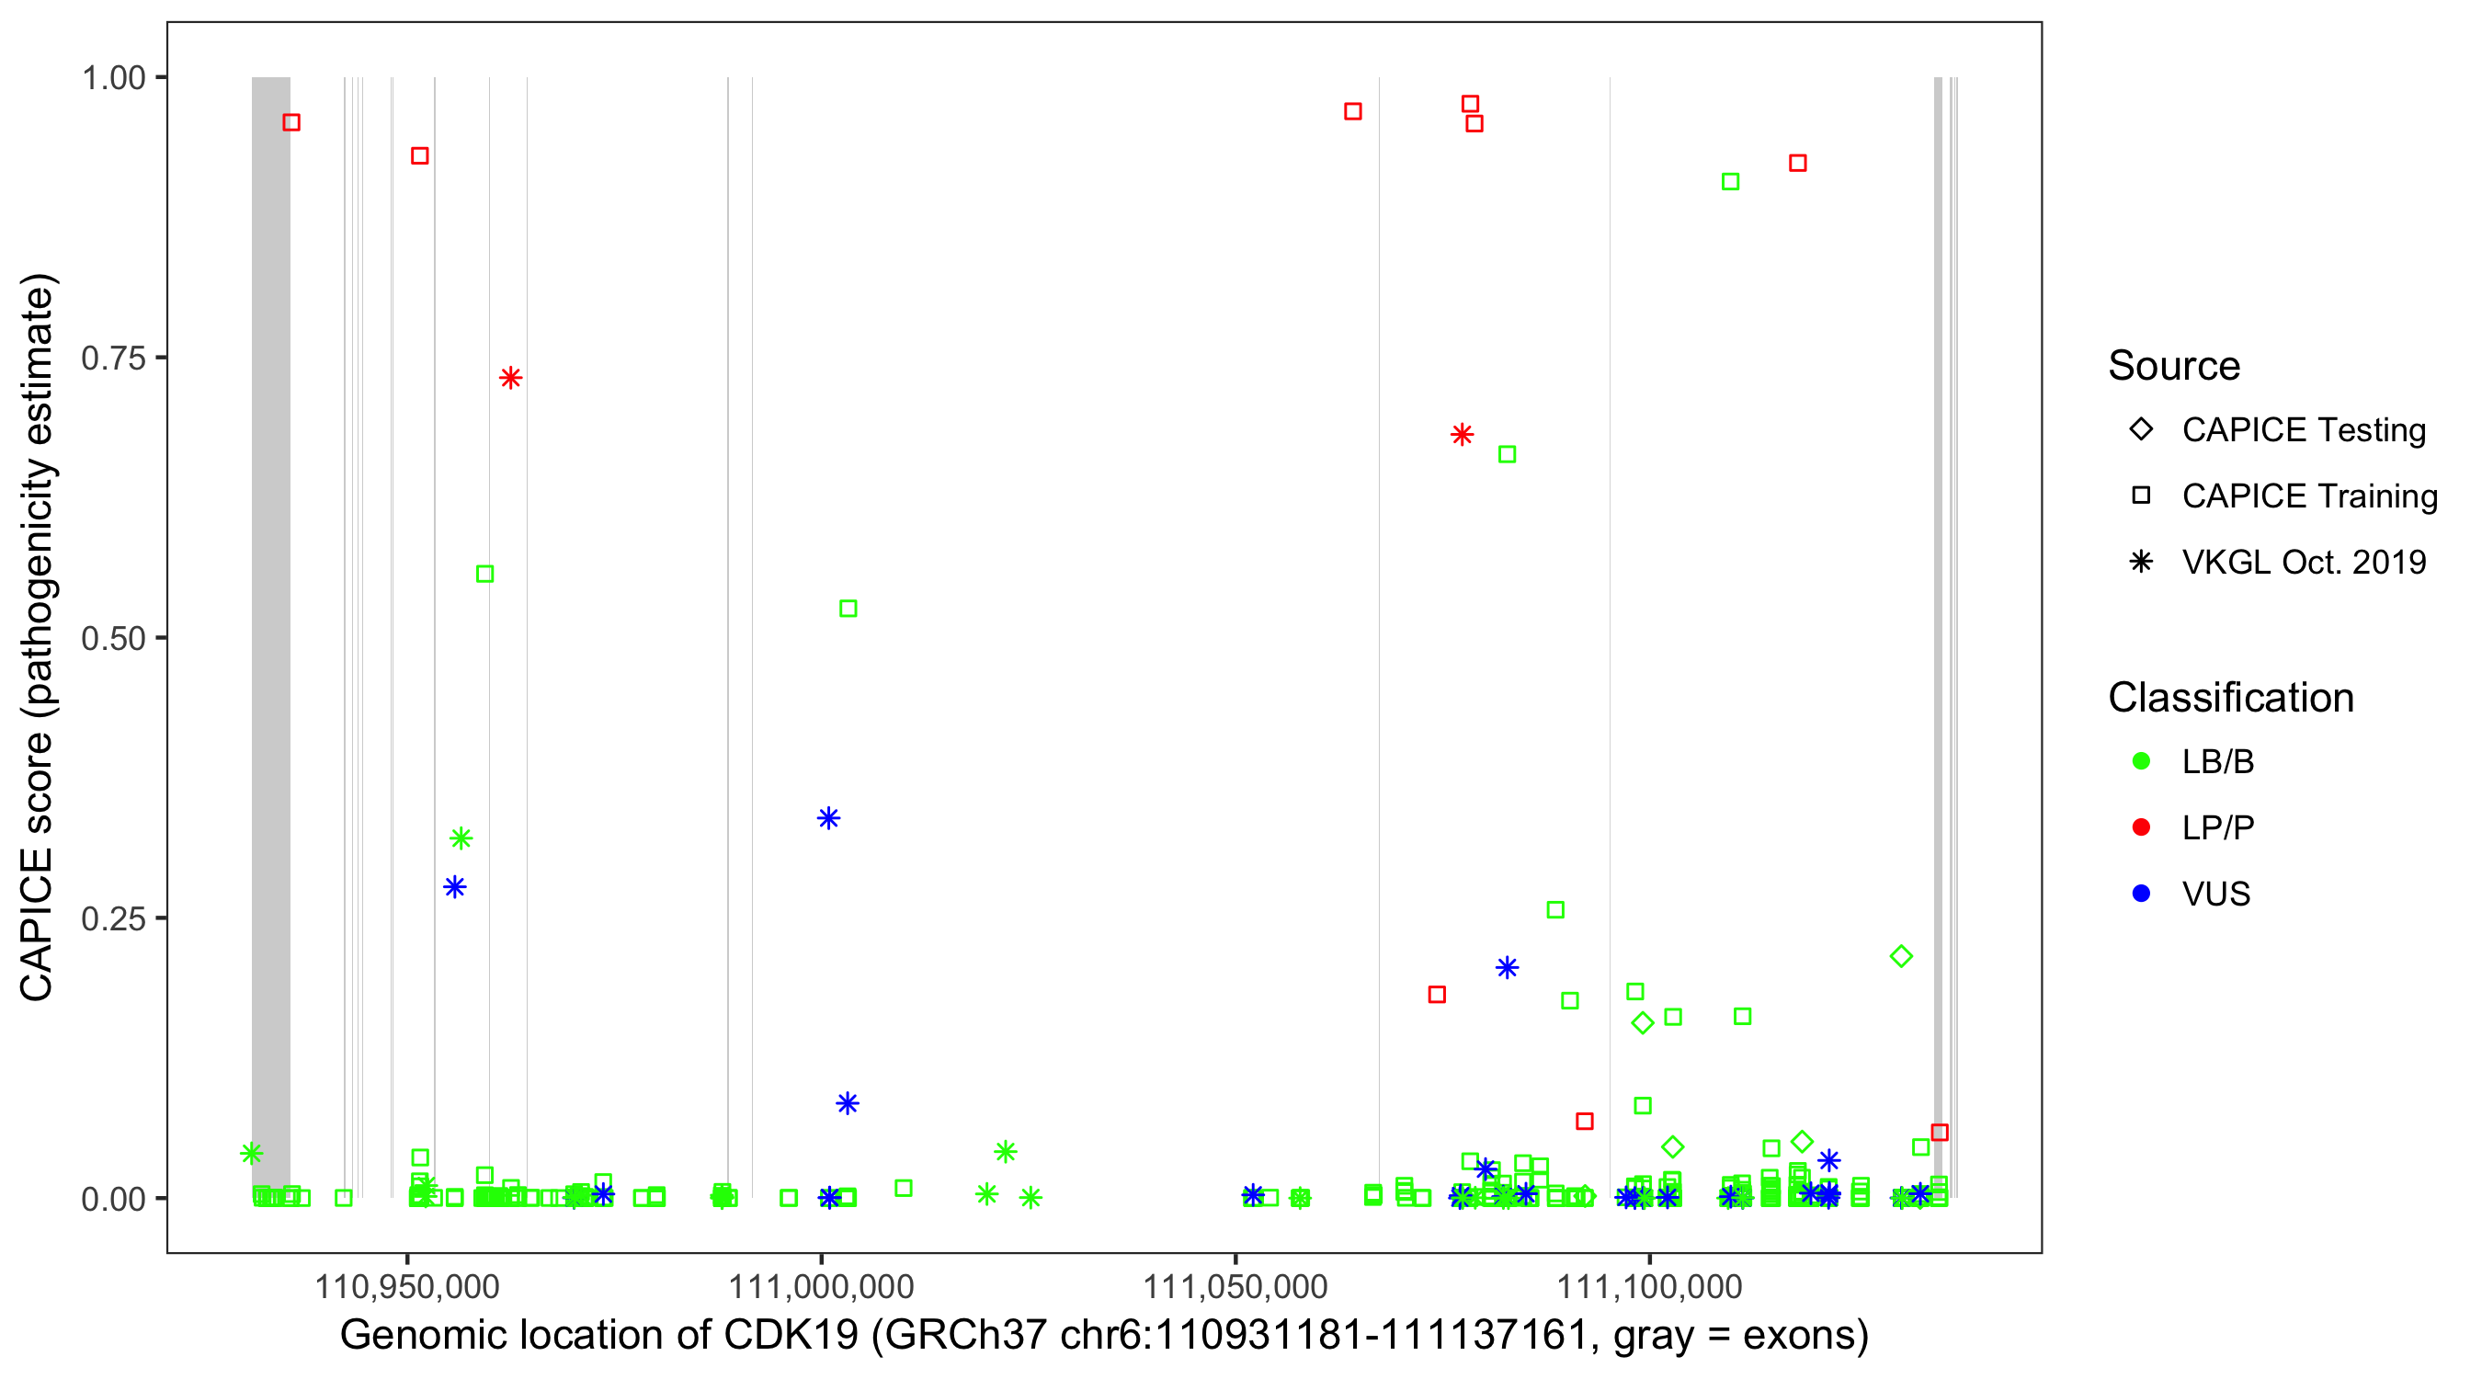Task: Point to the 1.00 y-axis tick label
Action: tap(113, 77)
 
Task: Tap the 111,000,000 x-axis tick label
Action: tap(821, 1286)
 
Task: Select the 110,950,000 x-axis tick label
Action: tap(406, 1286)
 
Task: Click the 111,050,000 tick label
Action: tap(1235, 1286)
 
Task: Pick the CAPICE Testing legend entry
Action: tap(2303, 430)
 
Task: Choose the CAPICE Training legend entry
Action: tap(2308, 496)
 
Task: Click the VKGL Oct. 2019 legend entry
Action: tap(2303, 562)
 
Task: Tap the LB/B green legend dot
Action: tap(2141, 761)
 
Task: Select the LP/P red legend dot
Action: tap(2141, 827)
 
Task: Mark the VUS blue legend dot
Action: tap(2141, 894)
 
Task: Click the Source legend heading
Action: tap(2174, 366)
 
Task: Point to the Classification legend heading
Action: tap(2230, 698)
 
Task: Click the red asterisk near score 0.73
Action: tap(511, 378)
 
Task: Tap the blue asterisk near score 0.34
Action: tap(828, 818)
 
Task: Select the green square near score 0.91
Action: tap(1730, 182)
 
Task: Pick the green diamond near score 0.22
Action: tap(1901, 957)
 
